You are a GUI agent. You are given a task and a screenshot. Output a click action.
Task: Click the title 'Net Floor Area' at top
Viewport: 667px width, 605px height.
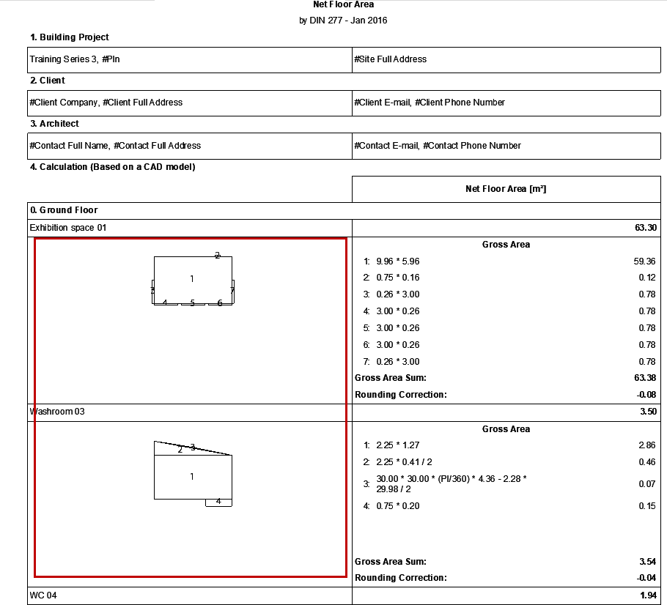click(x=343, y=5)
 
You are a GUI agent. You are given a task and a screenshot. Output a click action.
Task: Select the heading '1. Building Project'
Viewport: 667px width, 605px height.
click(x=70, y=37)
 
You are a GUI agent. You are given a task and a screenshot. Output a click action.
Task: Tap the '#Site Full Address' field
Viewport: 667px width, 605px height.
click(x=390, y=59)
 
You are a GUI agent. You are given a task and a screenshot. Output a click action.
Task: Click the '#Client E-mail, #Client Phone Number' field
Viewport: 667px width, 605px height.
click(x=429, y=103)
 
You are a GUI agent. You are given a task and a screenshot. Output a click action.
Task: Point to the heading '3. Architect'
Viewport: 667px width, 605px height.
click(x=54, y=124)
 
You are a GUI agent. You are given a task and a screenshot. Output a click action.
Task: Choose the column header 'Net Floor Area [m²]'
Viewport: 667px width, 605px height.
click(x=506, y=189)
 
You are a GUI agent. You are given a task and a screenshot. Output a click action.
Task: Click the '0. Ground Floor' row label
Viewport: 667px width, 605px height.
click(x=64, y=210)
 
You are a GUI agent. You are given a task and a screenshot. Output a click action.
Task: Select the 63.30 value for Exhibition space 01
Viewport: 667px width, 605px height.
click(x=646, y=228)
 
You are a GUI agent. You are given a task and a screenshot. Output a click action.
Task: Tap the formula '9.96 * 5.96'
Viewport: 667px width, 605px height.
click(x=397, y=261)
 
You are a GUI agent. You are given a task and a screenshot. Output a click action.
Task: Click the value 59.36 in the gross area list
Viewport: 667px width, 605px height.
click(x=645, y=261)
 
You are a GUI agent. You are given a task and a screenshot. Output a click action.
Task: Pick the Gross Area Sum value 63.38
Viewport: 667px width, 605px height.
click(x=645, y=378)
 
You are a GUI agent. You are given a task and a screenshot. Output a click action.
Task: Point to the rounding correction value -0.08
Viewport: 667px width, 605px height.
click(x=645, y=395)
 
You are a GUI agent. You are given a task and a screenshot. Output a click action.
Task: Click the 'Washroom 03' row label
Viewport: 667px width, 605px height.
click(x=57, y=412)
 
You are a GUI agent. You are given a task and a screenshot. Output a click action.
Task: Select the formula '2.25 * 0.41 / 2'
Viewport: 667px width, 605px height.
click(x=404, y=462)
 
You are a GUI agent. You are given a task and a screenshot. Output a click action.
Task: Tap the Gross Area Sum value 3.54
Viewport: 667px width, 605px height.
click(x=647, y=562)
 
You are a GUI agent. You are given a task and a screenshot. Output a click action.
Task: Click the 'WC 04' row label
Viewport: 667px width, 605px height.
click(x=43, y=595)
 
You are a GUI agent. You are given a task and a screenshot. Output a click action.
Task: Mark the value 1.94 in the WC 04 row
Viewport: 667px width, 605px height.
click(x=647, y=595)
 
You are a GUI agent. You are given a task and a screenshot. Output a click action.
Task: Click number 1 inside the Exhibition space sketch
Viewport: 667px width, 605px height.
click(x=192, y=278)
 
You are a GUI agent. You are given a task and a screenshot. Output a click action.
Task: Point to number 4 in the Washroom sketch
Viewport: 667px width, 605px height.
click(x=218, y=502)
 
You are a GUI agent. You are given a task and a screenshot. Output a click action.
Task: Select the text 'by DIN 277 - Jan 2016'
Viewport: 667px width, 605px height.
click(x=343, y=21)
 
